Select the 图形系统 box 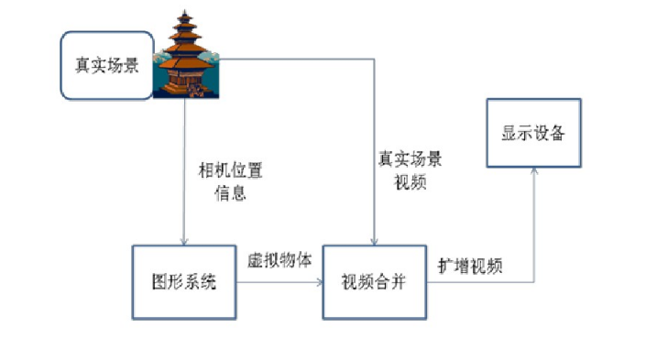(184, 281)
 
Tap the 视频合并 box (374, 281)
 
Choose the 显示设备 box (533, 134)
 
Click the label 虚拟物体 (280, 259)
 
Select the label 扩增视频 (469, 266)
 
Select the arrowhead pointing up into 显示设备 (532, 171)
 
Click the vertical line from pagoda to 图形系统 (184, 165)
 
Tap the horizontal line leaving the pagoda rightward (302, 60)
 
